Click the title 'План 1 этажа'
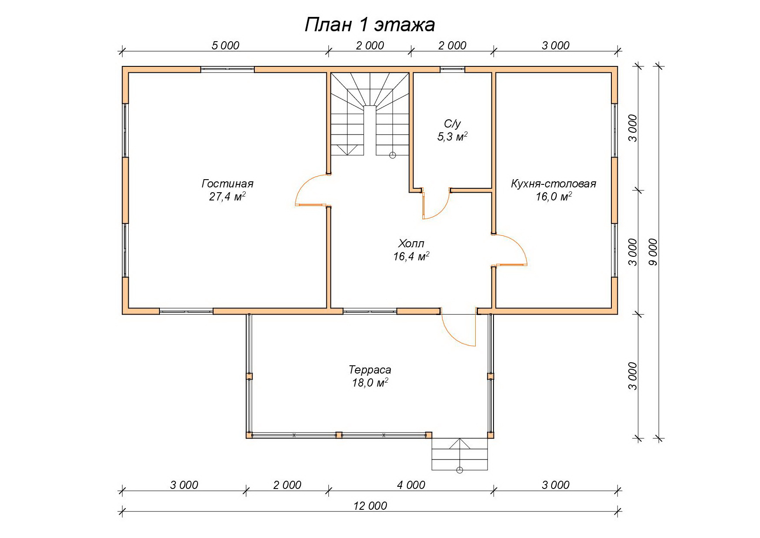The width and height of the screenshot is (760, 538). click(x=370, y=25)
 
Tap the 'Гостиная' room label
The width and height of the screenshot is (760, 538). click(x=227, y=184)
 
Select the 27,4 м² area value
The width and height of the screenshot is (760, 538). click(x=227, y=197)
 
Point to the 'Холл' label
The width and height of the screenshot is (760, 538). click(x=411, y=243)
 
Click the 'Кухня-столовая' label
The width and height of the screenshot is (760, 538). click(x=554, y=184)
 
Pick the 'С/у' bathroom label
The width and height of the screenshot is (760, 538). click(x=452, y=124)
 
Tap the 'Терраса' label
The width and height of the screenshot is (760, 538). click(x=370, y=370)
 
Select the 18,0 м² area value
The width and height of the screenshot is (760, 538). click(x=370, y=383)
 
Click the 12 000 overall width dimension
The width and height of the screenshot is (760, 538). click(x=370, y=505)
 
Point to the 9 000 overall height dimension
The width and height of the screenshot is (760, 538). click(x=653, y=252)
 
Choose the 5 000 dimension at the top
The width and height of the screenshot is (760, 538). click(x=225, y=46)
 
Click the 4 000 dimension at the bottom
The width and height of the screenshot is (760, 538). click(x=411, y=485)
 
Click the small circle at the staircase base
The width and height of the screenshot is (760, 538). click(x=393, y=155)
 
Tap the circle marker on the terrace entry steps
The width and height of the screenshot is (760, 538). click(x=460, y=470)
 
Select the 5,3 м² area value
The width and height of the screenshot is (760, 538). click(x=452, y=137)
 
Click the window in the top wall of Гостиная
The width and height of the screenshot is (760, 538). click(x=227, y=69)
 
